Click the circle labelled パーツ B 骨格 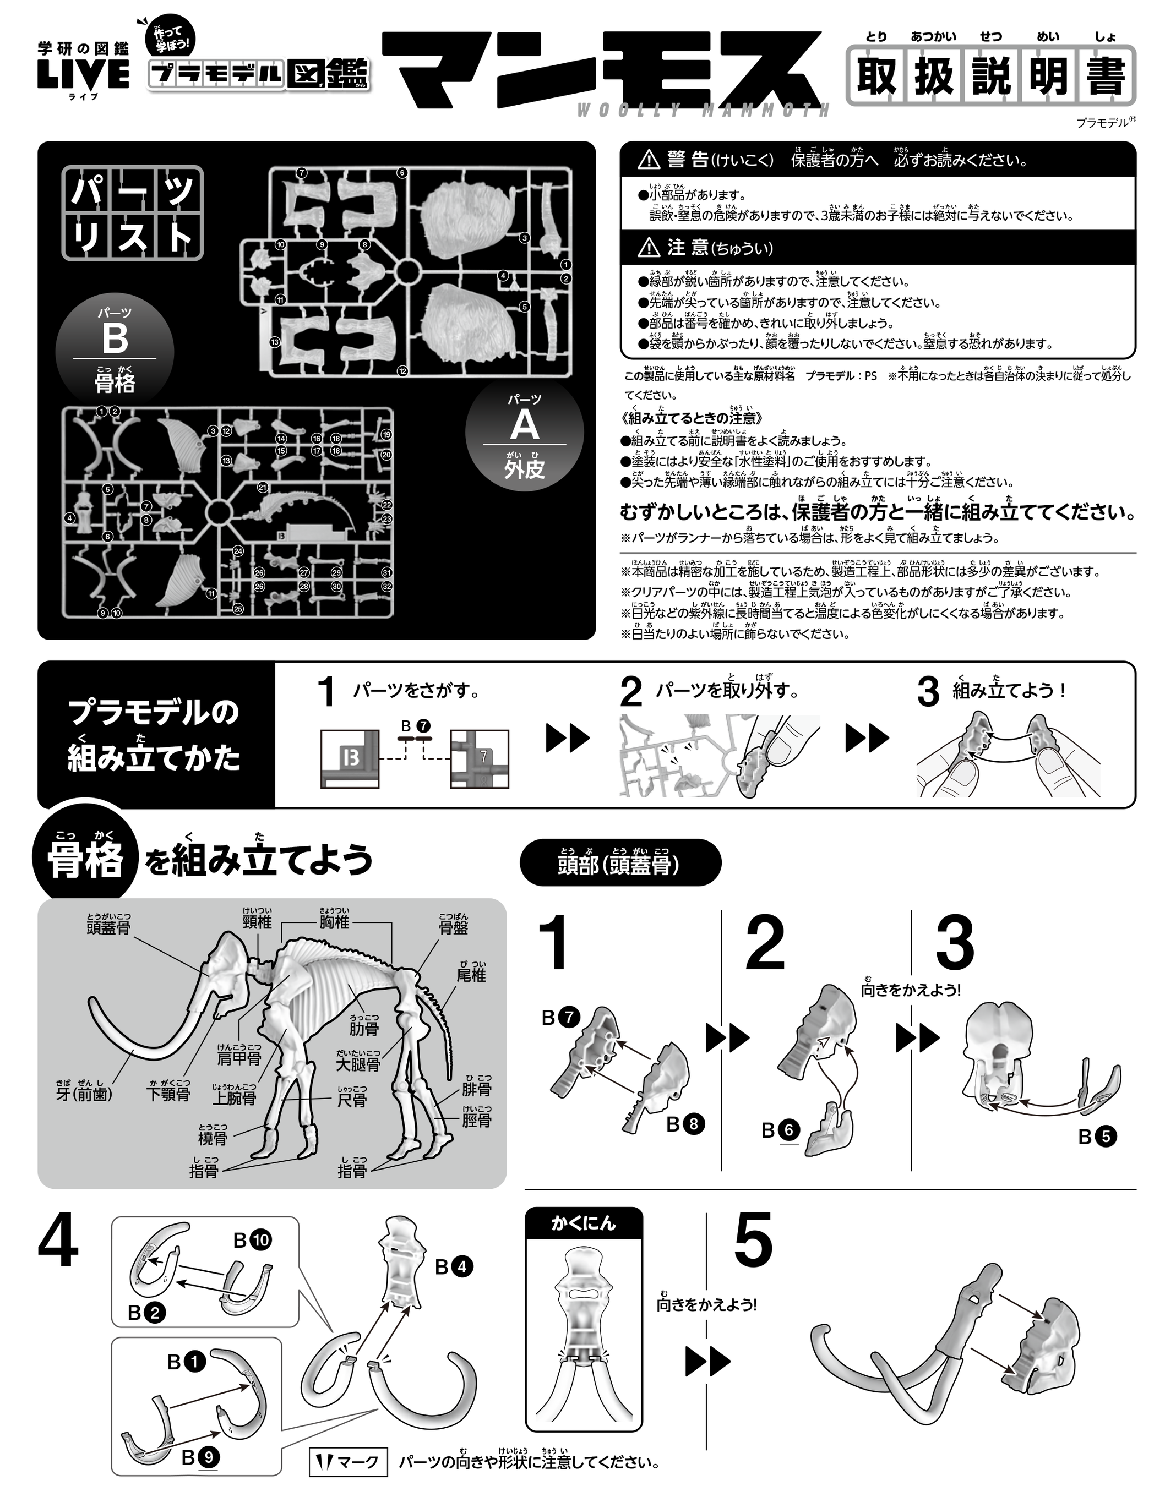115,351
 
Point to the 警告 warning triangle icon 649,160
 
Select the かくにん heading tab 583,1223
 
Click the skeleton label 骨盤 454,926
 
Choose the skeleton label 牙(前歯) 84,1094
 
